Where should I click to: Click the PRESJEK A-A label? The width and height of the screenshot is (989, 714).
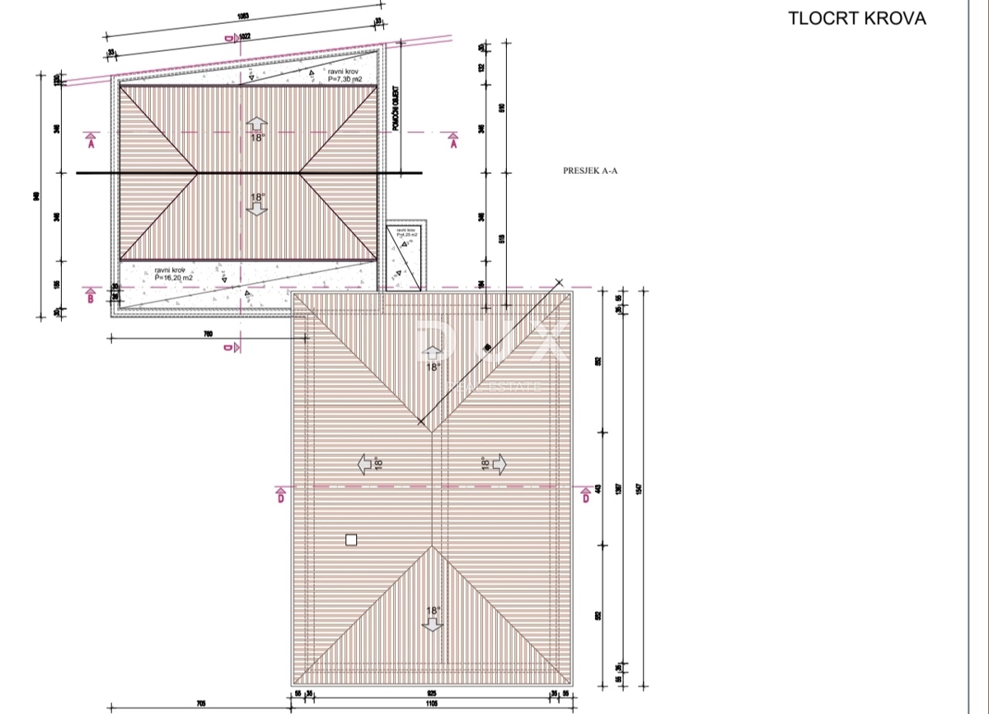pos(590,171)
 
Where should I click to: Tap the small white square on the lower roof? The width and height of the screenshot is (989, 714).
pos(351,540)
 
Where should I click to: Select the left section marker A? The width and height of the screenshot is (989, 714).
pos(91,141)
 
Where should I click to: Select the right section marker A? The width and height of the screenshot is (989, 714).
pos(452,142)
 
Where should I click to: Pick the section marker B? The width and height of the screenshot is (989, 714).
pos(91,297)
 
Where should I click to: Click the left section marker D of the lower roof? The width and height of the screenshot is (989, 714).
pos(281,496)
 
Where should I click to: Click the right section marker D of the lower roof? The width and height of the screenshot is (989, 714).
pos(585,496)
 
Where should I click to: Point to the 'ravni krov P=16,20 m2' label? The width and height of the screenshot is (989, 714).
pos(174,275)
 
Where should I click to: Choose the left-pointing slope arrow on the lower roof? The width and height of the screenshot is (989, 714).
pos(366,465)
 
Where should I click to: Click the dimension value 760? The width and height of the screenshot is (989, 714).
pos(208,333)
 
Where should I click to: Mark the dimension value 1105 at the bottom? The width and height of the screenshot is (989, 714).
pos(433,705)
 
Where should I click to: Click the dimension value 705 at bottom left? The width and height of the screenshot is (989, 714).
pos(200,705)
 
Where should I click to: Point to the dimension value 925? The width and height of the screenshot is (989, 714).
pos(433,694)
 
